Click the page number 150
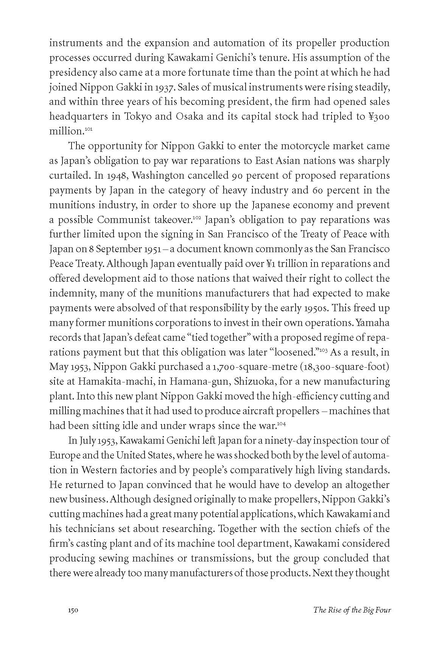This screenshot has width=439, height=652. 73,610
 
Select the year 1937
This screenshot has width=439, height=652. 164,87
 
